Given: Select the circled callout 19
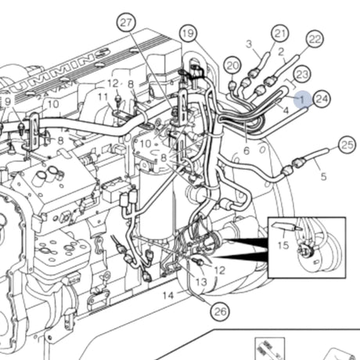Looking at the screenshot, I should click(186, 33).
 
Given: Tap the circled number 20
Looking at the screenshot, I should click(232, 64).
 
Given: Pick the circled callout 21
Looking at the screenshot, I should click(280, 33).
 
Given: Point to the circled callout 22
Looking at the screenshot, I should click(315, 39).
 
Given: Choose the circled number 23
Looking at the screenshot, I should click(302, 74).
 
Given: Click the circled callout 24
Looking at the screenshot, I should click(322, 98).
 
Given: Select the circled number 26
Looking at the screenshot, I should click(221, 311).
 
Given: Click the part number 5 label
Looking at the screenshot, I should click(323, 177).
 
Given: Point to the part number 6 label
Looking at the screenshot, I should click(246, 150).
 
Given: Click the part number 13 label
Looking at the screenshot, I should click(201, 281).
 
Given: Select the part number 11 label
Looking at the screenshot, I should click(103, 97).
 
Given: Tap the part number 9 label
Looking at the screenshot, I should click(7, 101).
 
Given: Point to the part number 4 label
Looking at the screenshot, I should click(286, 111).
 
